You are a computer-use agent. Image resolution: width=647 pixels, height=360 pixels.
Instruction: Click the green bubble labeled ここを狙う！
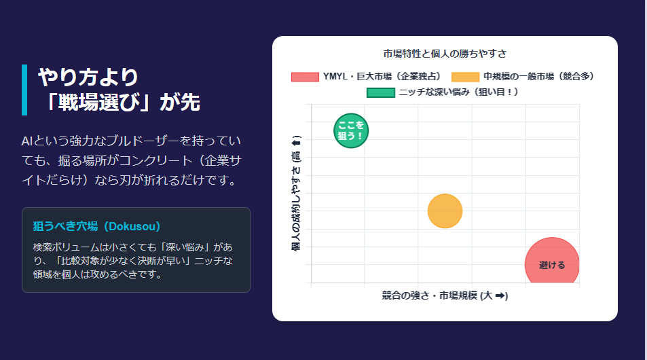click(x=351, y=130)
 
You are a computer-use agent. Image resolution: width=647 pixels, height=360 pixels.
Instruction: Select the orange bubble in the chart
click(x=445, y=211)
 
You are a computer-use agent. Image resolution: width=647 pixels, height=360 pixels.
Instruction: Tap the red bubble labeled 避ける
click(x=552, y=264)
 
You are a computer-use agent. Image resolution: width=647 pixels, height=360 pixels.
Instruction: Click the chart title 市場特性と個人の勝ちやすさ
click(x=445, y=53)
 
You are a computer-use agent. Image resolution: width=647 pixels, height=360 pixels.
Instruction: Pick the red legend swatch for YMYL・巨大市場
click(x=305, y=77)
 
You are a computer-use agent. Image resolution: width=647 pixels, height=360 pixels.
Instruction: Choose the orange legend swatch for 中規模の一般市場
click(x=465, y=77)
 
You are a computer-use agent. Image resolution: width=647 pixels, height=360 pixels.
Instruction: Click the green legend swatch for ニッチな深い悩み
click(x=380, y=92)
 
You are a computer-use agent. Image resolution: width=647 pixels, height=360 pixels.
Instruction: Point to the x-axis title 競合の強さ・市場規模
click(x=445, y=295)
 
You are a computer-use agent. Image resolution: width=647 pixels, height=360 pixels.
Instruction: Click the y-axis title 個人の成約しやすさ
click(x=296, y=194)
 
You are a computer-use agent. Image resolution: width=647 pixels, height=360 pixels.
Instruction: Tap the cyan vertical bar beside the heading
click(x=24, y=90)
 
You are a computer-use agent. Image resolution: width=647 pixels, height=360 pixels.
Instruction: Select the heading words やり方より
click(x=88, y=77)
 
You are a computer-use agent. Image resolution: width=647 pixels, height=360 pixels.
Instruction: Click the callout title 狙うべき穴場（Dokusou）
click(x=96, y=226)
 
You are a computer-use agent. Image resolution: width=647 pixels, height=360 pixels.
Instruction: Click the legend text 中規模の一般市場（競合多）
click(x=540, y=77)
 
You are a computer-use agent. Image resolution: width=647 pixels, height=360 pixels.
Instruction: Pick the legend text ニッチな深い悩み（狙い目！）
click(x=459, y=92)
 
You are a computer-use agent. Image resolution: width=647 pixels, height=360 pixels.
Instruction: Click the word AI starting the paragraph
click(x=27, y=141)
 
